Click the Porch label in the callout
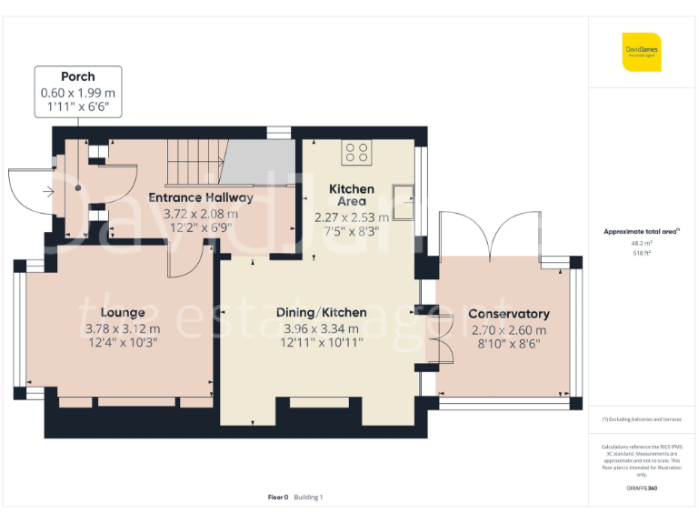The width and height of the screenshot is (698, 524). click(77, 76)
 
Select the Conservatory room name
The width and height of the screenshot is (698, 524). click(508, 314)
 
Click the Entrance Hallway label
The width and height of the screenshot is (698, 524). click(201, 197)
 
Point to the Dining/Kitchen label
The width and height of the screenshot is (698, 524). click(321, 312)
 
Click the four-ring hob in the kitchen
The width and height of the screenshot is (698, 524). click(355, 152)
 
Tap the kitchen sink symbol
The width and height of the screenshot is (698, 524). click(403, 194)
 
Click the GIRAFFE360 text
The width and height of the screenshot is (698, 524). click(642, 489)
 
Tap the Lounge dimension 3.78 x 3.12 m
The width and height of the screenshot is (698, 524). click(123, 328)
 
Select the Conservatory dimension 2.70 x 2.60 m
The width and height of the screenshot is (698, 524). click(508, 329)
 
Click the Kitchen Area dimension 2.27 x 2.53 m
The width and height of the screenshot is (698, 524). click(351, 217)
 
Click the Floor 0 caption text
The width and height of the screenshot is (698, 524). click(278, 497)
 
